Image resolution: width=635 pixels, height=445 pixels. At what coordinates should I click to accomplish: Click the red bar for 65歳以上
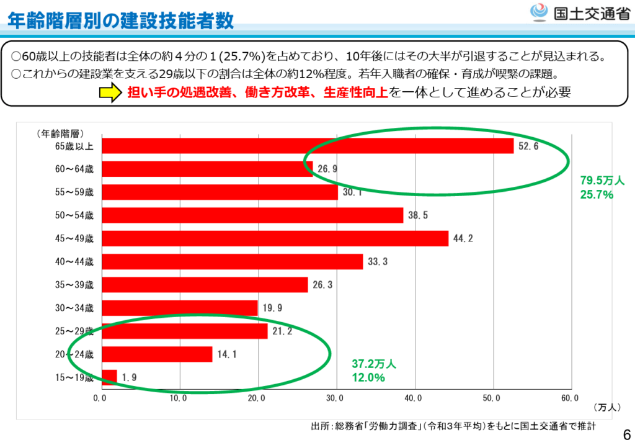pos(308,146)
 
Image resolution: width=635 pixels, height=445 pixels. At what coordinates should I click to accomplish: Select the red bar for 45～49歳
pos(275,238)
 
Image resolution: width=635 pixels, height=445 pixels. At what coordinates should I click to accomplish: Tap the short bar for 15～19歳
pos(109,377)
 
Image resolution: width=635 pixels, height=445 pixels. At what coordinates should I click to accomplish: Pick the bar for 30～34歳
pos(180,308)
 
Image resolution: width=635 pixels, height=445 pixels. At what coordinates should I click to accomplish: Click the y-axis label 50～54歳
pos(74,215)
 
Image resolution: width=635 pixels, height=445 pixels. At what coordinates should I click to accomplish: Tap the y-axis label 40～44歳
pos(74,262)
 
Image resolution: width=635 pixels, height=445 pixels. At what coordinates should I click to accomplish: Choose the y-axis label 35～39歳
pos(74,285)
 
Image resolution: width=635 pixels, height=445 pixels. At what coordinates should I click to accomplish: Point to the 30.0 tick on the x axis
pos(336,397)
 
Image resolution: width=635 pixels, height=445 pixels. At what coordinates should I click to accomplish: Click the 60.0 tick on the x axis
pos(571,397)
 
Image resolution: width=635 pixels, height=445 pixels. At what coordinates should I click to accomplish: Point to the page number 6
pos(626,434)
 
